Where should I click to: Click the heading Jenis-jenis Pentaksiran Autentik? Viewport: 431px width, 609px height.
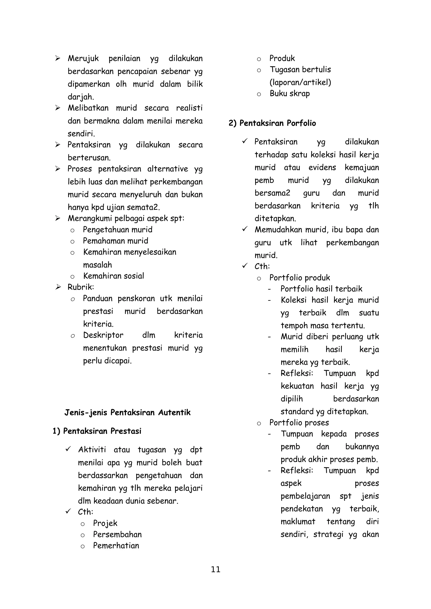coord(128,413)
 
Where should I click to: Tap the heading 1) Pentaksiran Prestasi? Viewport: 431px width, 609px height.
coord(97,431)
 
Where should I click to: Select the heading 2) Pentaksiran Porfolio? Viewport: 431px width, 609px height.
coord(272,123)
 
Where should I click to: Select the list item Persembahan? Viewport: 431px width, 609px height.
coord(117,534)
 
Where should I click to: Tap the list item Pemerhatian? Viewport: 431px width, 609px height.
coord(116,546)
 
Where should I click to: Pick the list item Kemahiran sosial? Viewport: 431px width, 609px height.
coord(114,276)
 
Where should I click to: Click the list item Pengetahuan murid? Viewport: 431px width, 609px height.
coord(118,230)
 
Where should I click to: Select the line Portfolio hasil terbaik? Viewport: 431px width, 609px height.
coord(321,289)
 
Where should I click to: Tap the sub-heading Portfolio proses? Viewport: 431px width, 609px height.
coord(299,423)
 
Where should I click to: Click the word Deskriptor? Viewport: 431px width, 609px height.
coord(103,335)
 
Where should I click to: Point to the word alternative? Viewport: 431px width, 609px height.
coord(168,169)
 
